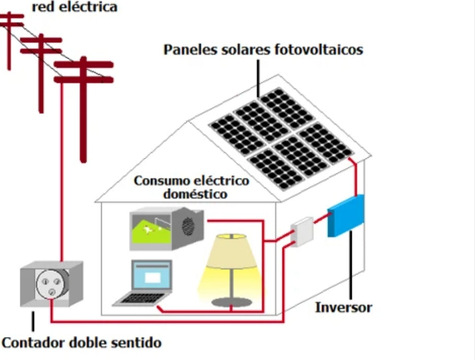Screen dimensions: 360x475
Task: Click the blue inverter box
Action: tap(346, 216)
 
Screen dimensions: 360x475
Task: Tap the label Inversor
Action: tap(343, 307)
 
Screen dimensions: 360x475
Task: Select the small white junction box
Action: tap(302, 231)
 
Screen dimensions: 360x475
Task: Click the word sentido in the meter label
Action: tap(136, 343)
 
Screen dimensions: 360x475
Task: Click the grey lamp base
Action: tap(231, 302)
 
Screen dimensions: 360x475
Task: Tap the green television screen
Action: tap(150, 230)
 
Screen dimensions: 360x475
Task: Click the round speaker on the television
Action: tap(188, 226)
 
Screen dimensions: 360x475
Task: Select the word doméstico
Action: tap(195, 194)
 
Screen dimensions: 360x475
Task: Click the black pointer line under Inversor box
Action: tap(350, 266)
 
